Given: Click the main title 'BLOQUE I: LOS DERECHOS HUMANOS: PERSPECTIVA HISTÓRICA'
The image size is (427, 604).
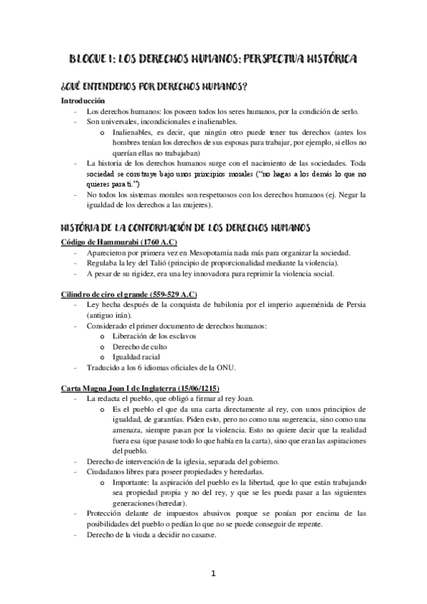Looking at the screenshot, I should click(x=213, y=58).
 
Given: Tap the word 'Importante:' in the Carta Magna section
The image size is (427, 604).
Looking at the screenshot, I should click(x=132, y=481).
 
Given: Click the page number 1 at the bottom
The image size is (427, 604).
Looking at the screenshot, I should click(x=213, y=573).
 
